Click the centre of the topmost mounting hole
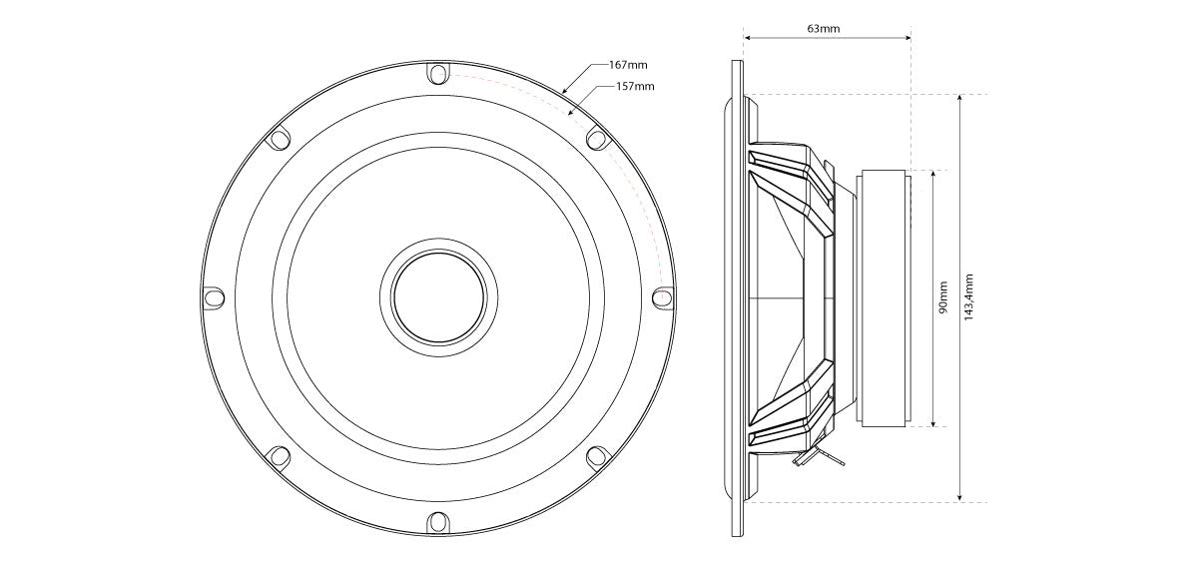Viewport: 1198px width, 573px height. tap(438, 74)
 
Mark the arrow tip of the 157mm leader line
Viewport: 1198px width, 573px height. tap(568, 114)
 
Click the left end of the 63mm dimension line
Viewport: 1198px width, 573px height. tap(744, 38)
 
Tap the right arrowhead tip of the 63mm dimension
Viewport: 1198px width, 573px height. tap(910, 38)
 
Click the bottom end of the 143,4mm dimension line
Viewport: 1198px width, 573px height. tap(960, 502)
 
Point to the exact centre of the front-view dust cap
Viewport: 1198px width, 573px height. tap(438, 296)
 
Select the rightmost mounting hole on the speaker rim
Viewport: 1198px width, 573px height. tap(664, 296)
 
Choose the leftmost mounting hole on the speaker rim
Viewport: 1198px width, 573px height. tap(214, 296)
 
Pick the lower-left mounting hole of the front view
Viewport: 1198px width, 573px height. tap(279, 456)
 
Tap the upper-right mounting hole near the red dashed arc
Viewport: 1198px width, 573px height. tap(598, 139)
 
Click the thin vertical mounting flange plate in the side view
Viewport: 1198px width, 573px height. tap(737, 298)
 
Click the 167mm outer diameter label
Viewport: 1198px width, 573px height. tap(628, 65)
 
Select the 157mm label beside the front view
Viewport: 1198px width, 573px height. tap(635, 86)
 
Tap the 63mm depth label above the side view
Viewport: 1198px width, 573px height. tap(823, 28)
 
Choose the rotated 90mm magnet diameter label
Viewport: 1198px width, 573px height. tap(942, 298)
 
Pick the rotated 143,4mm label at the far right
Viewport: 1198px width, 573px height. tap(968, 297)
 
